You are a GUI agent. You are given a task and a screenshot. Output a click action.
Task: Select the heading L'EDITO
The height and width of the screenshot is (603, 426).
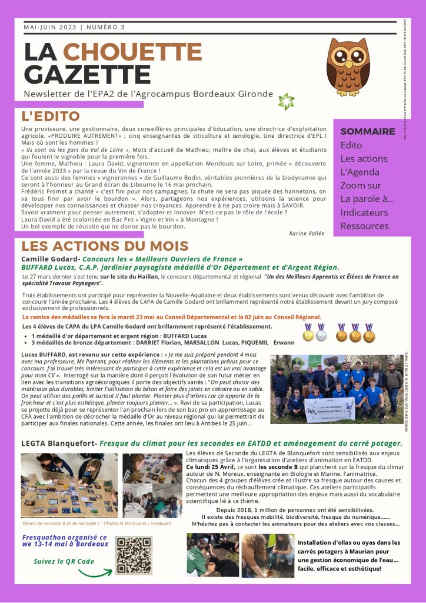pos(51,117)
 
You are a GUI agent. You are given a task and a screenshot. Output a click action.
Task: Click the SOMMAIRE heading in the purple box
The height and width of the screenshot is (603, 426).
pos(368,131)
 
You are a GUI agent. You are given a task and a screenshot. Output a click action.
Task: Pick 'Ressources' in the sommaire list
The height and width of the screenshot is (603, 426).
pos(364,226)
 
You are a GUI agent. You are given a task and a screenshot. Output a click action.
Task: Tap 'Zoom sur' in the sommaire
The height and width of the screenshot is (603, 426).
pos(361,185)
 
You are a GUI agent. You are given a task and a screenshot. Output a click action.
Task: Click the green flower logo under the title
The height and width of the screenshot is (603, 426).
pos(286,101)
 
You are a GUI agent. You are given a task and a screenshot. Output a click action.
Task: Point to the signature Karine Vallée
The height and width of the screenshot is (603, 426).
pos(307,233)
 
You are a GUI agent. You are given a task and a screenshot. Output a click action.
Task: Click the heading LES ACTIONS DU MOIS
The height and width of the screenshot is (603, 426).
pos(105,247)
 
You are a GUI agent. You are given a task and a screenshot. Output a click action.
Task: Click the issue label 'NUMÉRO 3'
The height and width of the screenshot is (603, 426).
pos(106,27)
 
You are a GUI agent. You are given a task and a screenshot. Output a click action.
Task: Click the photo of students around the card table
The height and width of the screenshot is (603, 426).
pos(69,486)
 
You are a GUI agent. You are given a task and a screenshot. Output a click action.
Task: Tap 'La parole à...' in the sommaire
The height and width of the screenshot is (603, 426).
pos(367,199)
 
